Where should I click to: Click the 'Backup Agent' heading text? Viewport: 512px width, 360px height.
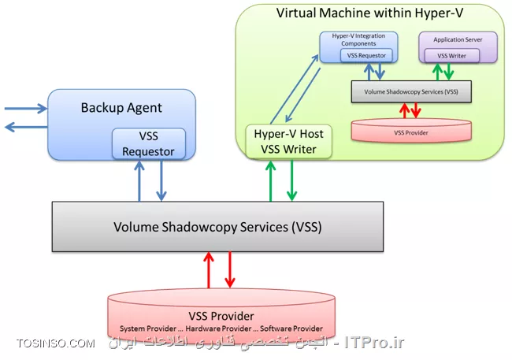(x=121, y=107)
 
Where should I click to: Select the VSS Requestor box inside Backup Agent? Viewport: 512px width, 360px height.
(x=148, y=143)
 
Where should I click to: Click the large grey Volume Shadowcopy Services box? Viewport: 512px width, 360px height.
(x=217, y=228)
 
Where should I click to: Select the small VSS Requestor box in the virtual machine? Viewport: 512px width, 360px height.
(x=367, y=57)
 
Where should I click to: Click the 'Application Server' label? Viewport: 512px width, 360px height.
(x=458, y=39)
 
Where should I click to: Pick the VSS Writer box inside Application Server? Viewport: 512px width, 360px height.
(x=451, y=56)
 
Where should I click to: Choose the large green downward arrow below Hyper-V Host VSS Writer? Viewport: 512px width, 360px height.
(x=292, y=180)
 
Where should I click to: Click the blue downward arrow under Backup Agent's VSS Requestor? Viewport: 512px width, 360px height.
(x=161, y=180)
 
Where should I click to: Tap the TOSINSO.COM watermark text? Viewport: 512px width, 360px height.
(x=56, y=344)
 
